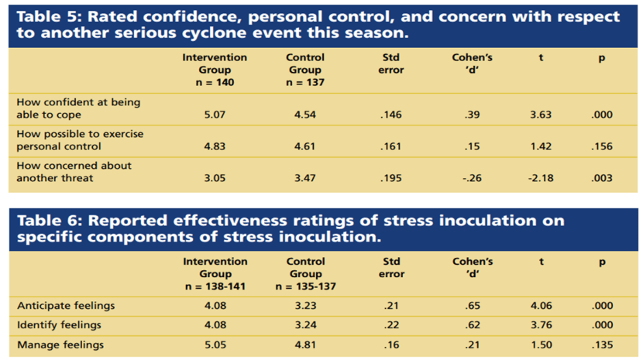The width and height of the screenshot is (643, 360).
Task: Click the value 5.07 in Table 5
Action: pos(215,115)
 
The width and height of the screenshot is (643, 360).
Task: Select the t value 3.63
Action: pos(540,115)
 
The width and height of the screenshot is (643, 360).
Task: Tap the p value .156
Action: pos(602,147)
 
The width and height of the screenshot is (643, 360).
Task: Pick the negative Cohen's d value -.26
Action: pos(472,179)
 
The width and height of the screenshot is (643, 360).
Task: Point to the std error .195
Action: pos(391,179)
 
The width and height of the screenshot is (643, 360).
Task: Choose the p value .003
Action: pos(602,179)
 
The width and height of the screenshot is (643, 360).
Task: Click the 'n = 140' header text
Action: pos(215,82)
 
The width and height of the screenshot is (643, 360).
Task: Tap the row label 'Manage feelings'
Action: pos(60,345)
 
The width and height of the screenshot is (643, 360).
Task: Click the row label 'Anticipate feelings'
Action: pos(65,306)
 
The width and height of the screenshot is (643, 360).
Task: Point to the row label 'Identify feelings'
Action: pos(59,325)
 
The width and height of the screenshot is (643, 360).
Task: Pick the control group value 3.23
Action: pos(305,306)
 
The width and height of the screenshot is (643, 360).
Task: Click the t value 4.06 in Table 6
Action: pos(541,306)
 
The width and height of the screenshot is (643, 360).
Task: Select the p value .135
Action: pos(602,345)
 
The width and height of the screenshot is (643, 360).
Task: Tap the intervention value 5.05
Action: pos(215,345)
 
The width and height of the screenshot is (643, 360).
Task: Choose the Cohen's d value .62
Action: pos(472,325)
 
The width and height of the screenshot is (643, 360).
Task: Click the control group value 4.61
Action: pos(305,147)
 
